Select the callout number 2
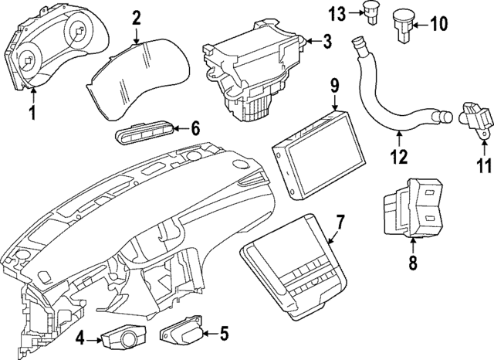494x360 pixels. coord(136,17)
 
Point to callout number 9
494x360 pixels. coord(334,84)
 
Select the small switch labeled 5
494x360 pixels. coord(182,334)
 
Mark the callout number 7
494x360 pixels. coord(340,222)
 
